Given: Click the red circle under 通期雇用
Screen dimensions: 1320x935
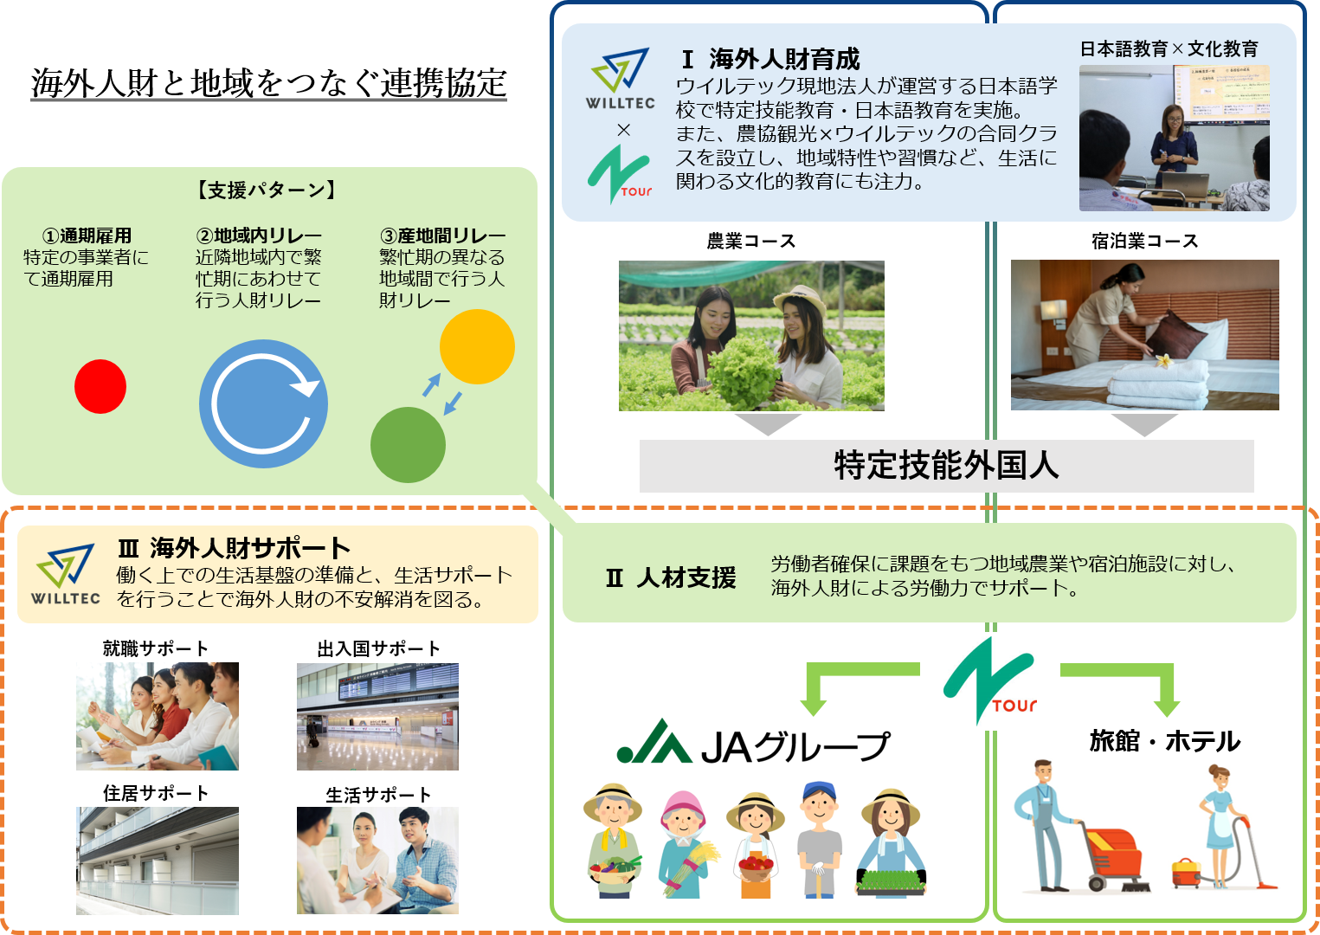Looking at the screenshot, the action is click(100, 387).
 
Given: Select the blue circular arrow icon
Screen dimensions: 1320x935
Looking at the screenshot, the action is click(263, 403).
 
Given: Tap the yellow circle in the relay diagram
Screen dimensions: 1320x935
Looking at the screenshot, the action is click(477, 346).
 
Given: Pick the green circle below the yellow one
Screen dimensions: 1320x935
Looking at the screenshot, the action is click(408, 445).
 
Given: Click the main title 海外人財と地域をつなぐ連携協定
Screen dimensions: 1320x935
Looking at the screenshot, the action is click(268, 82).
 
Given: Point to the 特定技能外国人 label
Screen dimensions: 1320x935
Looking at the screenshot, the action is click(946, 465).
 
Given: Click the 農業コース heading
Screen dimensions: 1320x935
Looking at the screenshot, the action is click(751, 242).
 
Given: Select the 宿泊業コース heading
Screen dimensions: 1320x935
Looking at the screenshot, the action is click(1144, 242).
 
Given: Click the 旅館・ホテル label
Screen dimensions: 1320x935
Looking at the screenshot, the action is click(1164, 741).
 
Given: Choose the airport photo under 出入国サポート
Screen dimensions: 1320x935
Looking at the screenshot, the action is click(377, 716).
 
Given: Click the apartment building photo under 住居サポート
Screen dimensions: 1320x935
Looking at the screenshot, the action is click(158, 861).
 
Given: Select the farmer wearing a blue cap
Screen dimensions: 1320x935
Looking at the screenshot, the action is click(819, 840).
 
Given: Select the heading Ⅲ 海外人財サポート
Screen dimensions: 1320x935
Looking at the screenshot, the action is click(234, 548).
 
